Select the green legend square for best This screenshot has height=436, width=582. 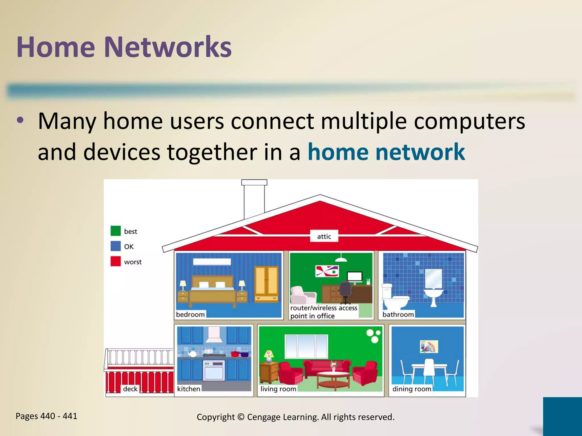(116, 231)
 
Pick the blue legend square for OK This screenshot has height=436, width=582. (116, 246)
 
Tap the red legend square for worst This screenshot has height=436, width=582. (116, 261)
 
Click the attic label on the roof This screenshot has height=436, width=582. (324, 236)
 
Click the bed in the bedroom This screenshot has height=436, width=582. (212, 292)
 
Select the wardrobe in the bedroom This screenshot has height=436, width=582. (266, 284)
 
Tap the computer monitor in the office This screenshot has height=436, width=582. (355, 277)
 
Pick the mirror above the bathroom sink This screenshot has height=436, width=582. (433, 278)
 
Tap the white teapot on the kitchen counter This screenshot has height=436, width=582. (193, 354)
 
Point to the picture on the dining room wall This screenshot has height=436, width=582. (429, 347)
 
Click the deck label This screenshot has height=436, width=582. (130, 389)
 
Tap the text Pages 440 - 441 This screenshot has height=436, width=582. (46, 416)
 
